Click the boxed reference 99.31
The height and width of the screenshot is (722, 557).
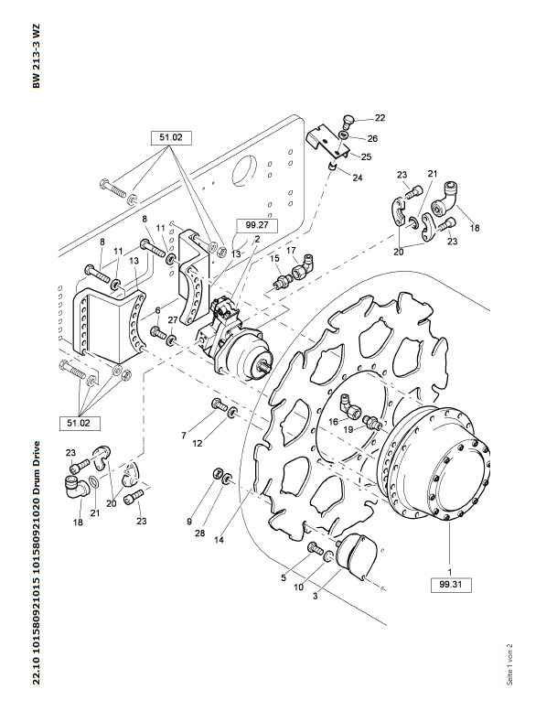(x=449, y=583)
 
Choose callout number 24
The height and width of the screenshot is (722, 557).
(x=358, y=178)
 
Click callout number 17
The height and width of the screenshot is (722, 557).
(x=291, y=250)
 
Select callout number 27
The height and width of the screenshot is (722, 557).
(x=172, y=319)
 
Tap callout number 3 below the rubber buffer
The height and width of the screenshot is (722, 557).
(x=316, y=596)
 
